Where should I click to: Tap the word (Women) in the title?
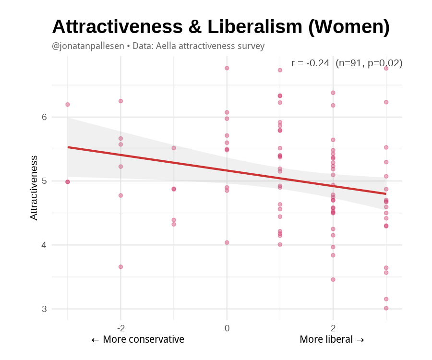pos(348,27)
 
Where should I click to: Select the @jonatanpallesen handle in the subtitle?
pos(87,46)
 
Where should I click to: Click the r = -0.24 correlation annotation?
pos(310,63)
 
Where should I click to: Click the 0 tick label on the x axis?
pos(227,328)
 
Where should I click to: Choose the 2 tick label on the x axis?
pos(333,328)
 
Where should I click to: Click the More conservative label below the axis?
pos(138,340)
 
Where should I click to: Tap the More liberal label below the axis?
pos(332,340)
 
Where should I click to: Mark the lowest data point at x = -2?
pos(121,267)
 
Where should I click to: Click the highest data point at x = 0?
pos(227,68)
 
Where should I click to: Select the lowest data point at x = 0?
pos(227,242)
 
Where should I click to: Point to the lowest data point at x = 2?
pos(333,279)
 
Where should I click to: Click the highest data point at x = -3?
pos(68,105)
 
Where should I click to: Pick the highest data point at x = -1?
pos(174,148)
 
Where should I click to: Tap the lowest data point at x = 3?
pos(386,308)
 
